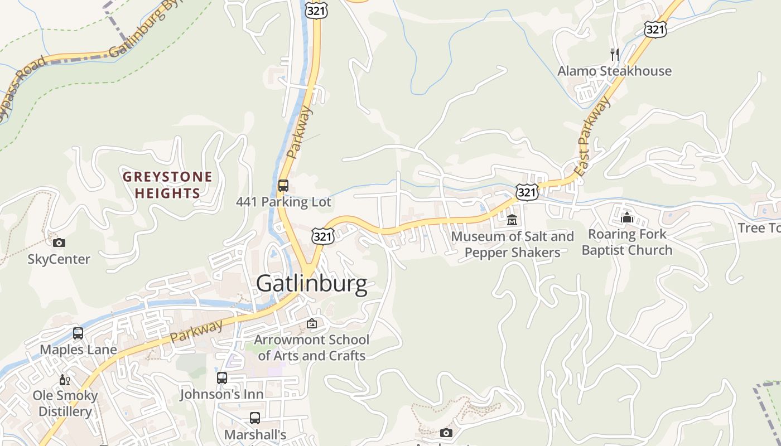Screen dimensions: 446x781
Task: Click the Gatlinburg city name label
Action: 311,284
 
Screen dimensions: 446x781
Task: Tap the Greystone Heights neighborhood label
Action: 167,185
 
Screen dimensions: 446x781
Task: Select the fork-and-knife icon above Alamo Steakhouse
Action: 615,54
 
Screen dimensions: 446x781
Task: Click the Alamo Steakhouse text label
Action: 614,71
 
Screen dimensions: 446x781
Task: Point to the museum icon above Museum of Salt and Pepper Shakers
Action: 512,220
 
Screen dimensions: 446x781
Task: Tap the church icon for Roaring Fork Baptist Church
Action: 627,217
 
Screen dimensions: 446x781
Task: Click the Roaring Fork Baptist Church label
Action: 627,242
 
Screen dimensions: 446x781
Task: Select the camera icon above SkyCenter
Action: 59,243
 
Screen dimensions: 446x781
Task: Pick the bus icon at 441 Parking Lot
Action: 283,186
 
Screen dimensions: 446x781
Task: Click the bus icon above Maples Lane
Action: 78,333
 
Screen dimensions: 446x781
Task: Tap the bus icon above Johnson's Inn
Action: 222,378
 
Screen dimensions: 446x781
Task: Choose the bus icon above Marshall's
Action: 255,418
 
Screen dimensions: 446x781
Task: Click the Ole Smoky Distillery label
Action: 65,404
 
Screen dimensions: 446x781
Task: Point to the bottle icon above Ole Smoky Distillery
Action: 65,380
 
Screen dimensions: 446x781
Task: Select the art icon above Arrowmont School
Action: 312,323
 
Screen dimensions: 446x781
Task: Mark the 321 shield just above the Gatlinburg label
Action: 323,236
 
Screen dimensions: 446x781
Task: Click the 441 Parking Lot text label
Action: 283,202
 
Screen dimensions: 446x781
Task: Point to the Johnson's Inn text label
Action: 221,394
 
